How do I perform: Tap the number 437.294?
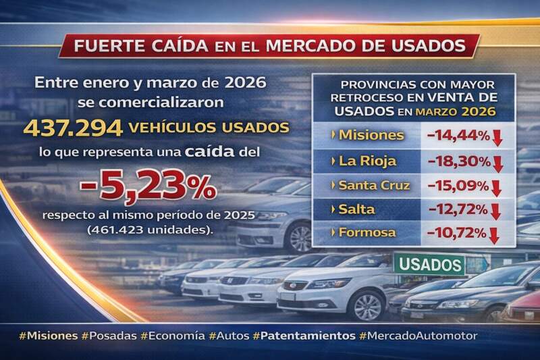(64, 127)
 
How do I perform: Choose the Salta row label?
(358, 209)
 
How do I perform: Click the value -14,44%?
(458, 135)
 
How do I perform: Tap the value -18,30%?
(458, 161)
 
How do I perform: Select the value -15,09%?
(458, 185)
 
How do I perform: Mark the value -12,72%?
(458, 209)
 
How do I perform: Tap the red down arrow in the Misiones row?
(497, 137)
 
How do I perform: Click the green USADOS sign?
(429, 263)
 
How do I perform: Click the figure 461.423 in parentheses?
(117, 230)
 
